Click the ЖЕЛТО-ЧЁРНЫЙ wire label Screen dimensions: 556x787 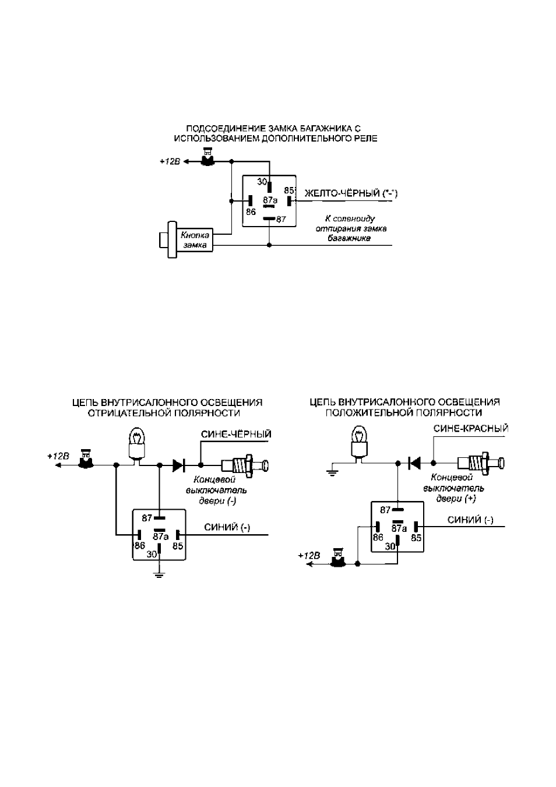coord(351,193)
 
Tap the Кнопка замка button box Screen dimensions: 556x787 coord(195,240)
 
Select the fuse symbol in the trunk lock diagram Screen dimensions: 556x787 coord(207,157)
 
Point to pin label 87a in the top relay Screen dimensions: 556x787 coord(270,200)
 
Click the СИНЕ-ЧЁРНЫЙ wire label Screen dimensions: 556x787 coord(236,434)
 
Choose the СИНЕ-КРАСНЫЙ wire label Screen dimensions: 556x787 coord(470,429)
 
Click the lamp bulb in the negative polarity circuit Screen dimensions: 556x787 coord(138,443)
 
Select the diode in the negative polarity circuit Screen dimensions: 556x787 coord(179,465)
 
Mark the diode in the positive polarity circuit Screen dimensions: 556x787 coord(415,463)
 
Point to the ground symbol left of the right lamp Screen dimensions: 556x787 coord(332,472)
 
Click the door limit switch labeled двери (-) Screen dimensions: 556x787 coord(245,466)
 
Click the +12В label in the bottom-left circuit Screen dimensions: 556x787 coord(58,456)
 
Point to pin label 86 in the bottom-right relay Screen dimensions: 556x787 coord(378,538)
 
